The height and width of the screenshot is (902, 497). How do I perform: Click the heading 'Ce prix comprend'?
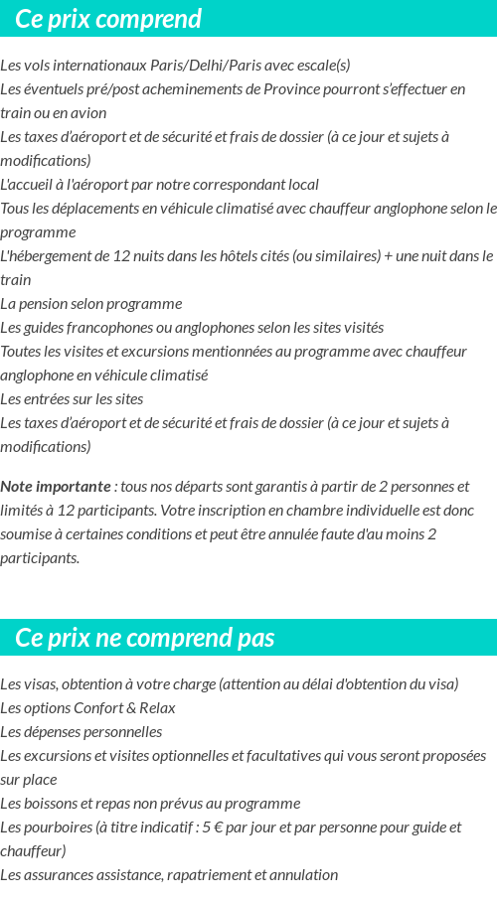pyautogui.click(x=108, y=19)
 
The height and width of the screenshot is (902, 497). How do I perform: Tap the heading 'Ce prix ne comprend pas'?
pyautogui.click(x=145, y=638)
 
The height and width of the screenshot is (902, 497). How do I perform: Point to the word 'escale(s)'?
pyautogui.click(x=321, y=66)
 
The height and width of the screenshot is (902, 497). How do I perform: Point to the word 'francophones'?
pyautogui.click(x=101, y=328)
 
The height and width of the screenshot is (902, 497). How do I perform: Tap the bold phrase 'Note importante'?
pyautogui.click(x=56, y=487)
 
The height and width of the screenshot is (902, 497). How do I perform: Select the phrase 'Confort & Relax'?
pyautogui.click(x=124, y=708)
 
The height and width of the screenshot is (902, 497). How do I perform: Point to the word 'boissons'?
pyautogui.click(x=51, y=804)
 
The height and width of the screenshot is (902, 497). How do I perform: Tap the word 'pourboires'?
pyautogui.click(x=58, y=827)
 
